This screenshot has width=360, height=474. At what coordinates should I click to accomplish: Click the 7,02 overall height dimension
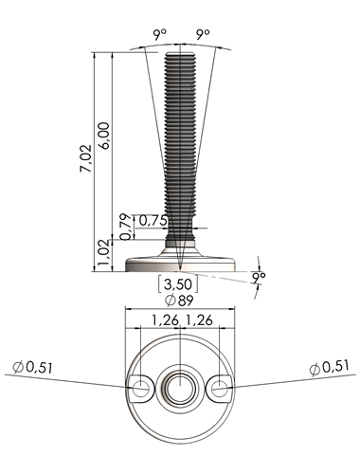pos(85,158)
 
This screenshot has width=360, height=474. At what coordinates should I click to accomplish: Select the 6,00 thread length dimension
pos(104,136)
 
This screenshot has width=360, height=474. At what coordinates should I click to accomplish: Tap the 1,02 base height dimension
pos(104,253)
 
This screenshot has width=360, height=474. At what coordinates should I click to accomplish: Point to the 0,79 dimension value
pos(126,227)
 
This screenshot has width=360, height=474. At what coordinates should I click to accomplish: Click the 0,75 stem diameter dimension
pos(153,221)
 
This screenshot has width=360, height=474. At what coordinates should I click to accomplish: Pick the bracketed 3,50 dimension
pos(178,284)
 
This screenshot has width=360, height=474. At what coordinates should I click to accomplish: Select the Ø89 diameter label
pos(179,301)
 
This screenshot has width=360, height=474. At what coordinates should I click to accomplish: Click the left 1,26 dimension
pos(166,320)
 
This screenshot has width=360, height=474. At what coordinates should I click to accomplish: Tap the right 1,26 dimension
pos(199,320)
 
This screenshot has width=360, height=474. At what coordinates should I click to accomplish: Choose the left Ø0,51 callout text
pos(32,367)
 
